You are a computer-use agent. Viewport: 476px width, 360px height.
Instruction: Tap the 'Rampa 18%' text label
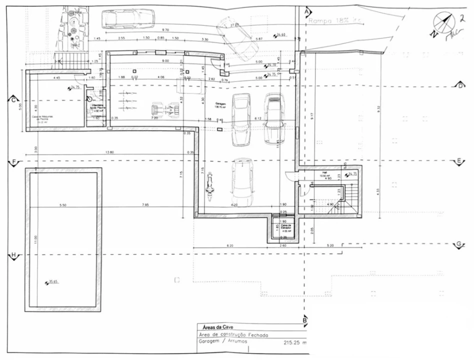[334, 21]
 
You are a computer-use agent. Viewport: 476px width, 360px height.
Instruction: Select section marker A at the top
[307, 10]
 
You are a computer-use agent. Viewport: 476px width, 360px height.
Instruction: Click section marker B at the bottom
[304, 320]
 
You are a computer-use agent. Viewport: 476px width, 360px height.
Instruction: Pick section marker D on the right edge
[460, 85]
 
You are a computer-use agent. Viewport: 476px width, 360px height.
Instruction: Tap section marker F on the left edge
[14, 162]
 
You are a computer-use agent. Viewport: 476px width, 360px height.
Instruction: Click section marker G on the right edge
[458, 244]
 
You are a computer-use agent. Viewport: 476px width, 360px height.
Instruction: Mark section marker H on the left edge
[14, 255]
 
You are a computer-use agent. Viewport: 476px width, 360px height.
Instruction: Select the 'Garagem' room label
[220, 102]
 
